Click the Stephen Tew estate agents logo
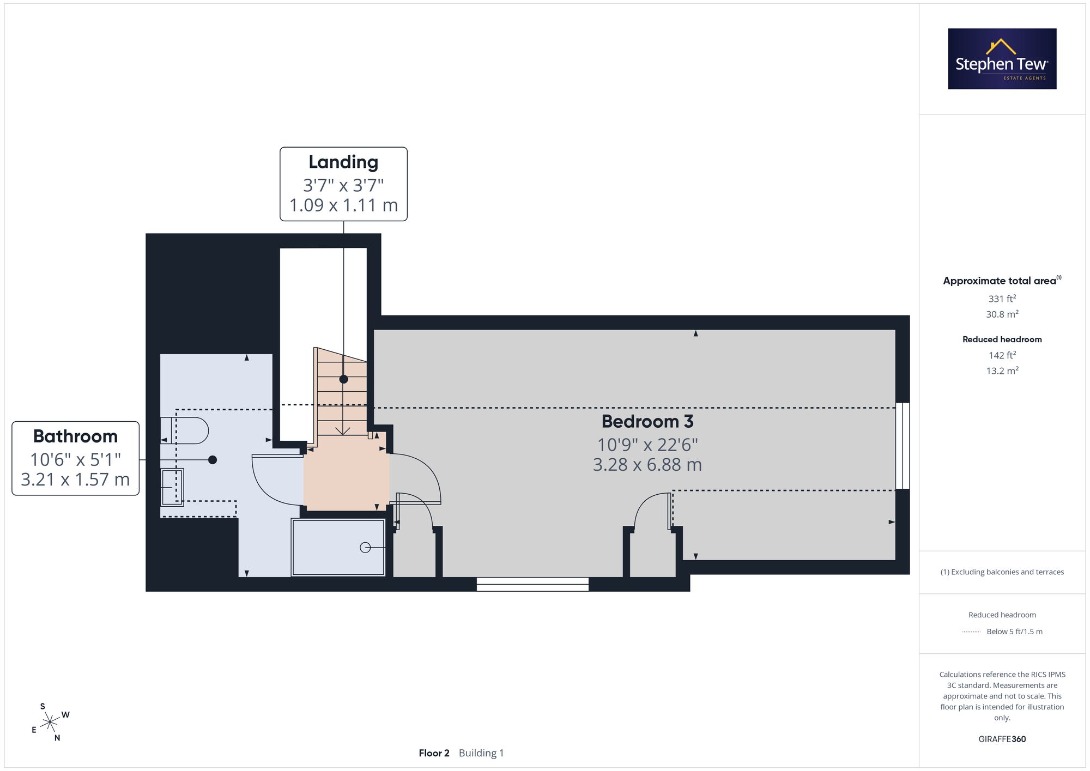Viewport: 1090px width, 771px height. point(1002,59)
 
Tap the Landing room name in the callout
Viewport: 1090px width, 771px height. point(343,162)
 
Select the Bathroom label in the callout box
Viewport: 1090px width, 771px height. point(75,436)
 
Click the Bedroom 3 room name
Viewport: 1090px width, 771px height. point(647,421)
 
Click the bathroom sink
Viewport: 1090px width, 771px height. point(172,487)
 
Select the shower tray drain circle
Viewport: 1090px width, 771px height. point(365,547)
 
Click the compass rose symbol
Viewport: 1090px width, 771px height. point(51,723)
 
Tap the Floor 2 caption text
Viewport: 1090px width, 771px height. point(434,753)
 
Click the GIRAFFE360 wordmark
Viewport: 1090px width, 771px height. point(1002,739)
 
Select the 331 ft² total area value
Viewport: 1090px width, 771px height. point(1002,299)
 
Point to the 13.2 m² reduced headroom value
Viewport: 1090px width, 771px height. point(1002,371)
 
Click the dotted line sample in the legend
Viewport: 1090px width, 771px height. point(971,632)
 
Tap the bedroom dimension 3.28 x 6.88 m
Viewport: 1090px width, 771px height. point(647,465)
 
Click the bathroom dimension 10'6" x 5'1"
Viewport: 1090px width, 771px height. point(75,459)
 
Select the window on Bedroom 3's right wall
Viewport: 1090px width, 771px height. point(903,446)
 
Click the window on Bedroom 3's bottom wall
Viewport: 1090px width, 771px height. point(532,584)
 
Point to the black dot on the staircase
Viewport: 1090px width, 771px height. point(343,379)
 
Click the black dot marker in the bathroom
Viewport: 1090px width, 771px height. point(213,460)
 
